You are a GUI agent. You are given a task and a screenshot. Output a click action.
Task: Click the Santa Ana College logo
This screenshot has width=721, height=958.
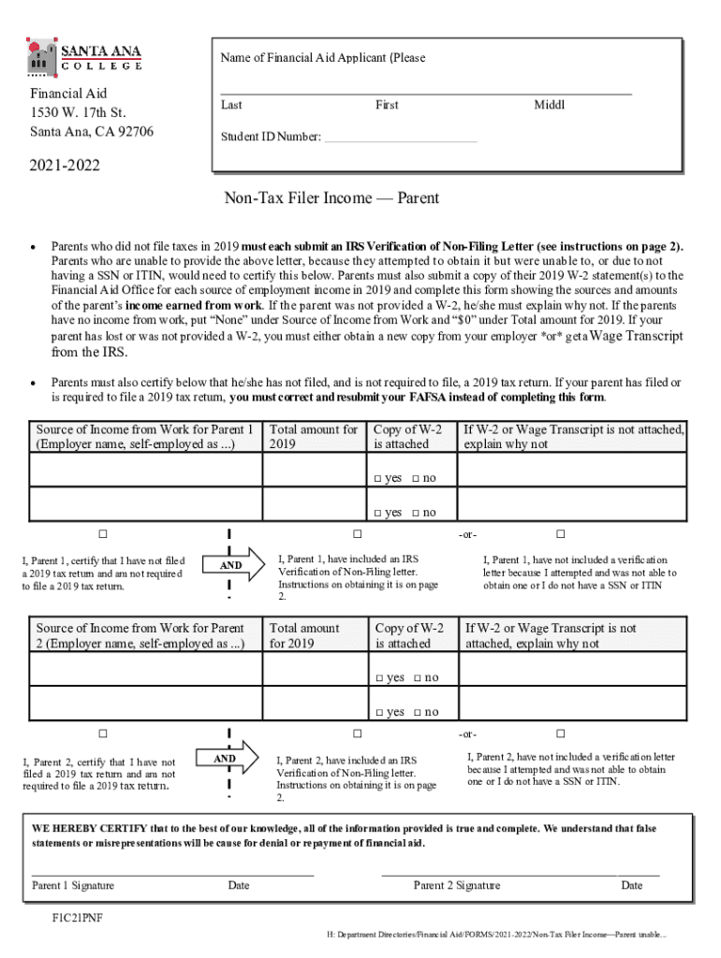pos(84,55)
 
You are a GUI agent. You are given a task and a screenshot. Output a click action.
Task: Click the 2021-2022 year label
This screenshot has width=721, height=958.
pos(64,167)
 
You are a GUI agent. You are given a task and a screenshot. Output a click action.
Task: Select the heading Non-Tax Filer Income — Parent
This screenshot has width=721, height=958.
pos(331,198)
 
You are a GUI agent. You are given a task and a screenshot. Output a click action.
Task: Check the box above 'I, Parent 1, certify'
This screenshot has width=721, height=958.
pos(104,534)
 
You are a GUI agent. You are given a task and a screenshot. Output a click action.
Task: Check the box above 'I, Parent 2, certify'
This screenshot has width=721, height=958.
pos(104,733)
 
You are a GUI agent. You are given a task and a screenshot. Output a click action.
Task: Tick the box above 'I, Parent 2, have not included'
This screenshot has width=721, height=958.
pos(560,733)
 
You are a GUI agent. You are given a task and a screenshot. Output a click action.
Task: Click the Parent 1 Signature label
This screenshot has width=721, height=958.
pos(73,885)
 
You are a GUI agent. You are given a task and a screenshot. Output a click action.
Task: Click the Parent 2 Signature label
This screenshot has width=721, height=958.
pos(457,885)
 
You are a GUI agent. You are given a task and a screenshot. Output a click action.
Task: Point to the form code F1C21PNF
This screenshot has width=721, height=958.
pos(78,918)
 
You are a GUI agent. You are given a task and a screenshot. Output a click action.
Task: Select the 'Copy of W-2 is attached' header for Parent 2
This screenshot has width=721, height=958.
pos(410,635)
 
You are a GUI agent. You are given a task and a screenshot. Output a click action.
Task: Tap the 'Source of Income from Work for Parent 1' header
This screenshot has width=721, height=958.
pos(144,437)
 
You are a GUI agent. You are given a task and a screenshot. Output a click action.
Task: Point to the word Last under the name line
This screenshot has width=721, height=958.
pos(231,106)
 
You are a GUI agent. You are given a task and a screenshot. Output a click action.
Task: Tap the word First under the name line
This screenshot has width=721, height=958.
pos(387,106)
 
